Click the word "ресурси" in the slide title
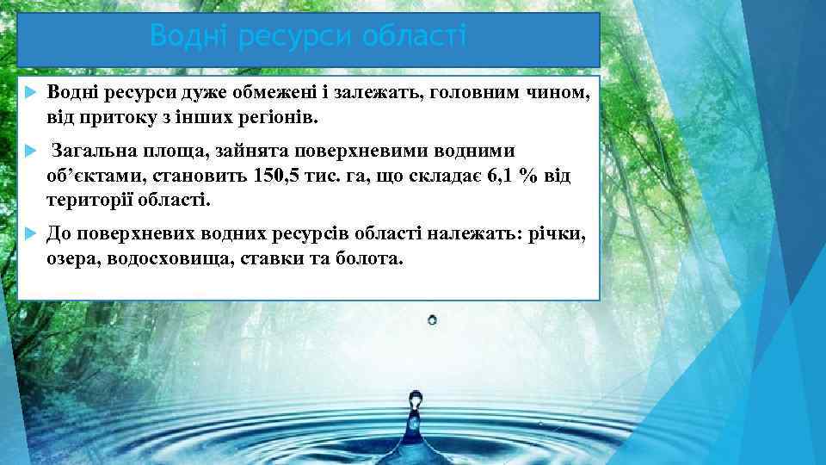[x=283, y=37]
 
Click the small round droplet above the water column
[x=432, y=319]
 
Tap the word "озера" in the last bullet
[x=74, y=257]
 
